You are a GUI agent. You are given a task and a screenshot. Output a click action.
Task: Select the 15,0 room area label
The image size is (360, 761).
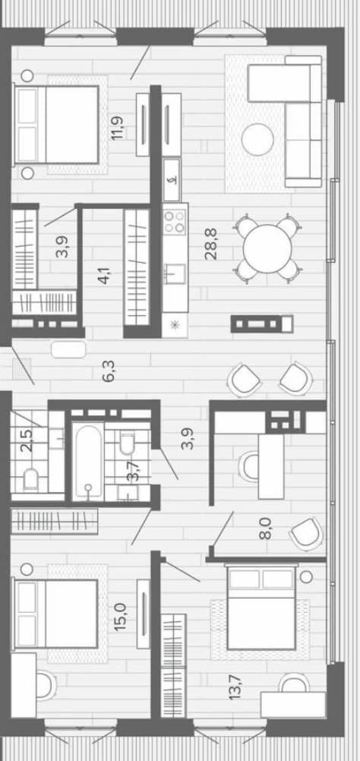click(119, 617)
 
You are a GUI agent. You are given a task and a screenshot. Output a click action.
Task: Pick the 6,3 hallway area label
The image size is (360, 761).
click(109, 371)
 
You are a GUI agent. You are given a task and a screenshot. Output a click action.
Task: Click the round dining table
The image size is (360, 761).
click(267, 248)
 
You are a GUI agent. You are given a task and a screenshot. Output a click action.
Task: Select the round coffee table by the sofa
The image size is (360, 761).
click(257, 139)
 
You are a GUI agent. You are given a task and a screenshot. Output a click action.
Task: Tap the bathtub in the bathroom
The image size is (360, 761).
click(88, 461)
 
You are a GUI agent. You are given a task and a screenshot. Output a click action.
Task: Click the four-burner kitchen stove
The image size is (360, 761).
click(175, 221)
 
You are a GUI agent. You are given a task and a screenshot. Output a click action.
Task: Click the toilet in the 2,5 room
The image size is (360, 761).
click(30, 479)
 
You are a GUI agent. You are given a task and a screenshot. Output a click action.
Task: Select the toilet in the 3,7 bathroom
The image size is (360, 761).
click(128, 444)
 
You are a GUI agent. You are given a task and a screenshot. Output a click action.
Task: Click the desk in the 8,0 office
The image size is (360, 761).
click(270, 466)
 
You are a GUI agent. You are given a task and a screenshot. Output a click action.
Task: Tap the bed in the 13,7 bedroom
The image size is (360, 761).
click(261, 608)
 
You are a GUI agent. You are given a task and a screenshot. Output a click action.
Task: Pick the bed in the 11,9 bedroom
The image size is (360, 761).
click(57, 125)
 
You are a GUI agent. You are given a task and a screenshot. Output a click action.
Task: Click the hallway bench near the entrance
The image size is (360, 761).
click(68, 349)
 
